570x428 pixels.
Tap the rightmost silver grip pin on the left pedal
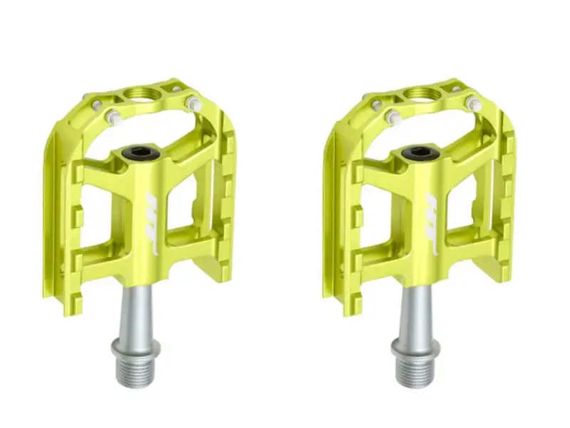[x=192, y=104]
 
